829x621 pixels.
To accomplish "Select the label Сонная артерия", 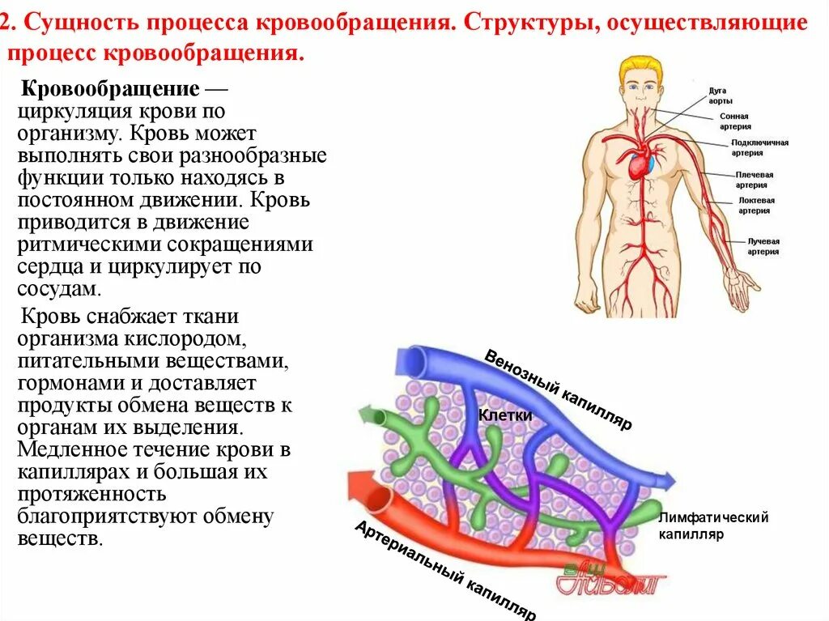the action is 734,121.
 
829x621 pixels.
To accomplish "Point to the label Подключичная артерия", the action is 759,147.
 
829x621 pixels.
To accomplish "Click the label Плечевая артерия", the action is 753,180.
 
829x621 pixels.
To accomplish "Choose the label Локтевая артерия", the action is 755,206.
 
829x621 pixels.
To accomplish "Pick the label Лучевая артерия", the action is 762,246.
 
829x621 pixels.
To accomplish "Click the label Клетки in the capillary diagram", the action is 505,415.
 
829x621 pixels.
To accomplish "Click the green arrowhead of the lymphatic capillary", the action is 369,415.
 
